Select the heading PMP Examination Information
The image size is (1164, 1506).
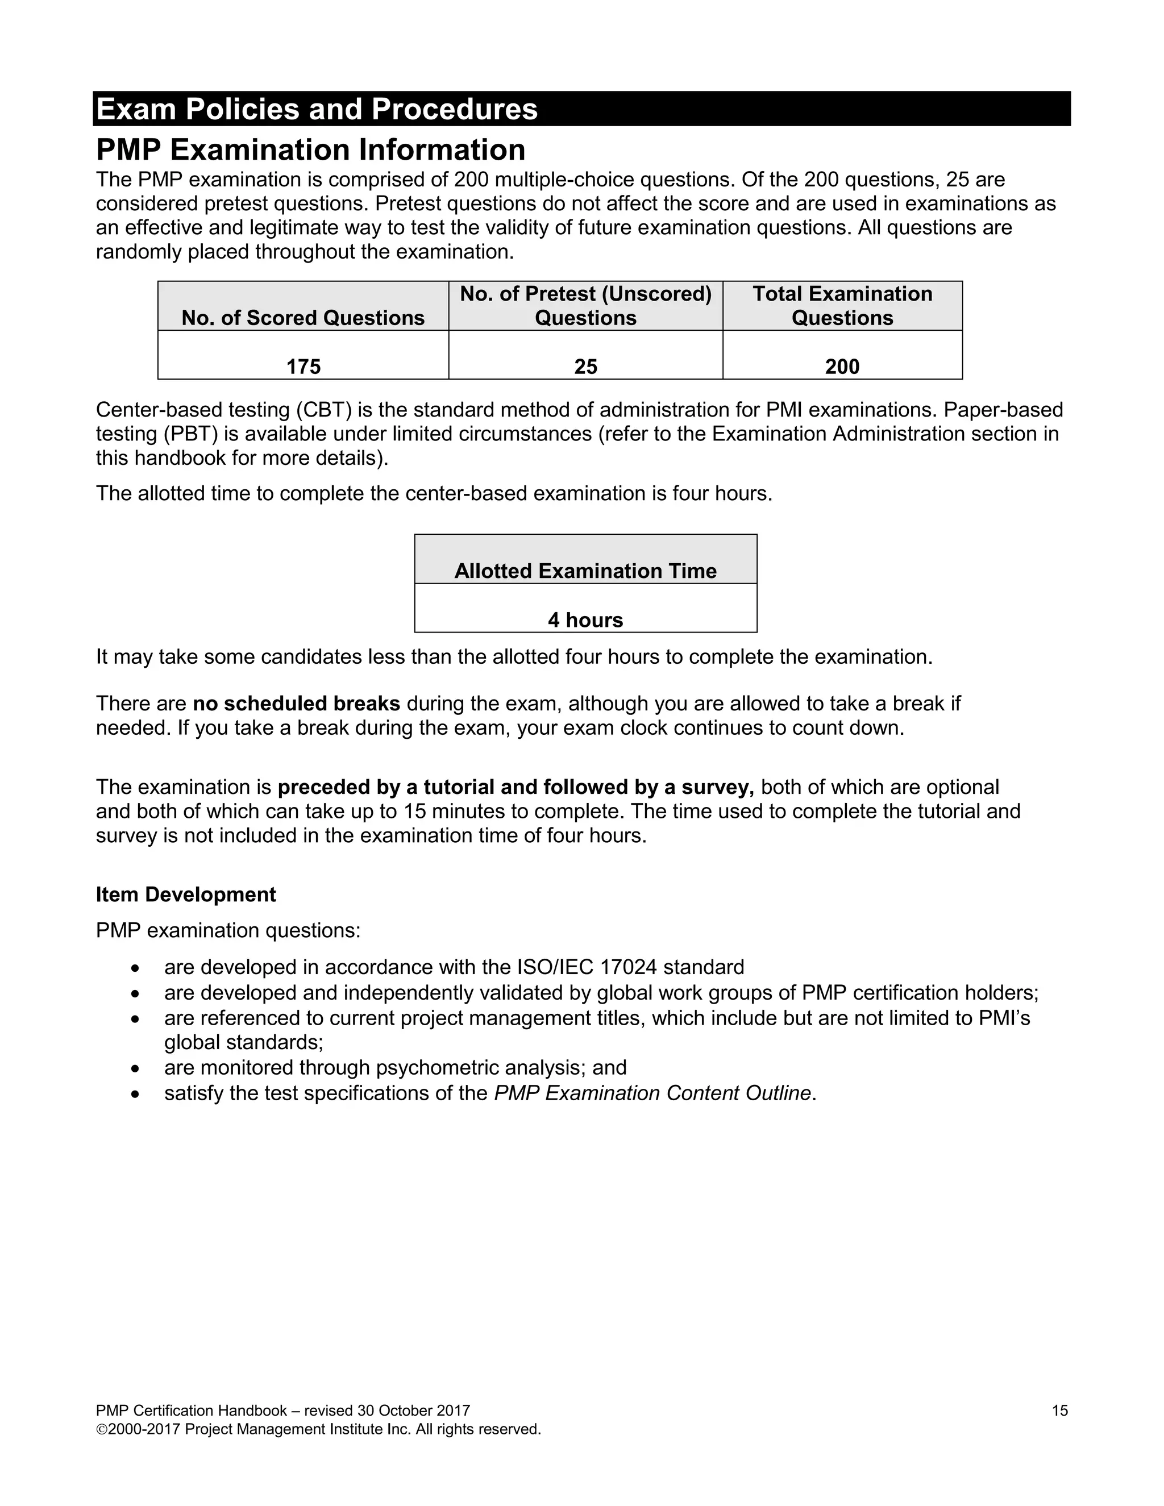coord(310,149)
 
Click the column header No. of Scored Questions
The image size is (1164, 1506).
coord(303,317)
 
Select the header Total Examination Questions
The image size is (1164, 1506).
coord(842,306)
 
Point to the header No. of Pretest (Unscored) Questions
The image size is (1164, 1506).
coord(585,306)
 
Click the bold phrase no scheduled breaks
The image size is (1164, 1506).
coord(297,704)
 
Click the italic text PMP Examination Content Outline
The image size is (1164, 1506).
coord(652,1093)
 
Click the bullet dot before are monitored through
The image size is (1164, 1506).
coord(136,1068)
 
